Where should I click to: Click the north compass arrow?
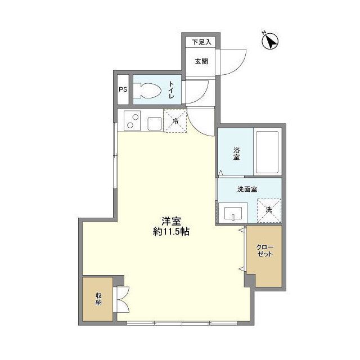[x=272, y=40]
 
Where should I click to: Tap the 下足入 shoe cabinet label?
[x=201, y=42]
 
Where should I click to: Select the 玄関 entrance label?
[x=201, y=61]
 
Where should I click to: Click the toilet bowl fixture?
[x=147, y=91]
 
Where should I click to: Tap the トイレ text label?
[x=172, y=90]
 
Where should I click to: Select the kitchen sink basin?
[x=154, y=122]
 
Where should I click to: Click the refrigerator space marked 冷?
[x=175, y=121]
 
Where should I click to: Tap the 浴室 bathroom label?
[x=236, y=152]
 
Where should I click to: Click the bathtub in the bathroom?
[x=267, y=152]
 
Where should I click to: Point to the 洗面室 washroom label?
[x=247, y=189]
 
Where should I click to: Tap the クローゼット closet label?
[x=264, y=251]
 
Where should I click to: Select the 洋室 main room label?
[x=171, y=221]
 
